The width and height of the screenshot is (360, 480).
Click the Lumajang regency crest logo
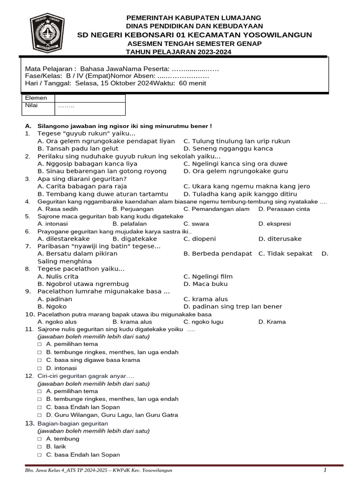pyautogui.click(x=47, y=35)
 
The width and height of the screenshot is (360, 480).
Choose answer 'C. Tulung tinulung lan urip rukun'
pyautogui.click(x=237, y=141)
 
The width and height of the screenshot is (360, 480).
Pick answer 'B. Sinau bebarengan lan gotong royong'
pyautogui.click(x=102, y=171)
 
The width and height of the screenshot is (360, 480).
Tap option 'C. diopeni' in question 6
pyautogui.click(x=200, y=239)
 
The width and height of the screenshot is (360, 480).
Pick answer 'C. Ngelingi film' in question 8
pyautogui.click(x=208, y=277)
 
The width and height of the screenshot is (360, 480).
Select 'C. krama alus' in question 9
pyautogui.click(x=206, y=299)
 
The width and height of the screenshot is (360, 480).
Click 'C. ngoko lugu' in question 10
pyautogui.click(x=203, y=322)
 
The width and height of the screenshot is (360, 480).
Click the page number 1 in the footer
pyautogui.click(x=325, y=470)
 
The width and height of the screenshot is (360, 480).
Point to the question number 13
pyautogui.click(x=29, y=423)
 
